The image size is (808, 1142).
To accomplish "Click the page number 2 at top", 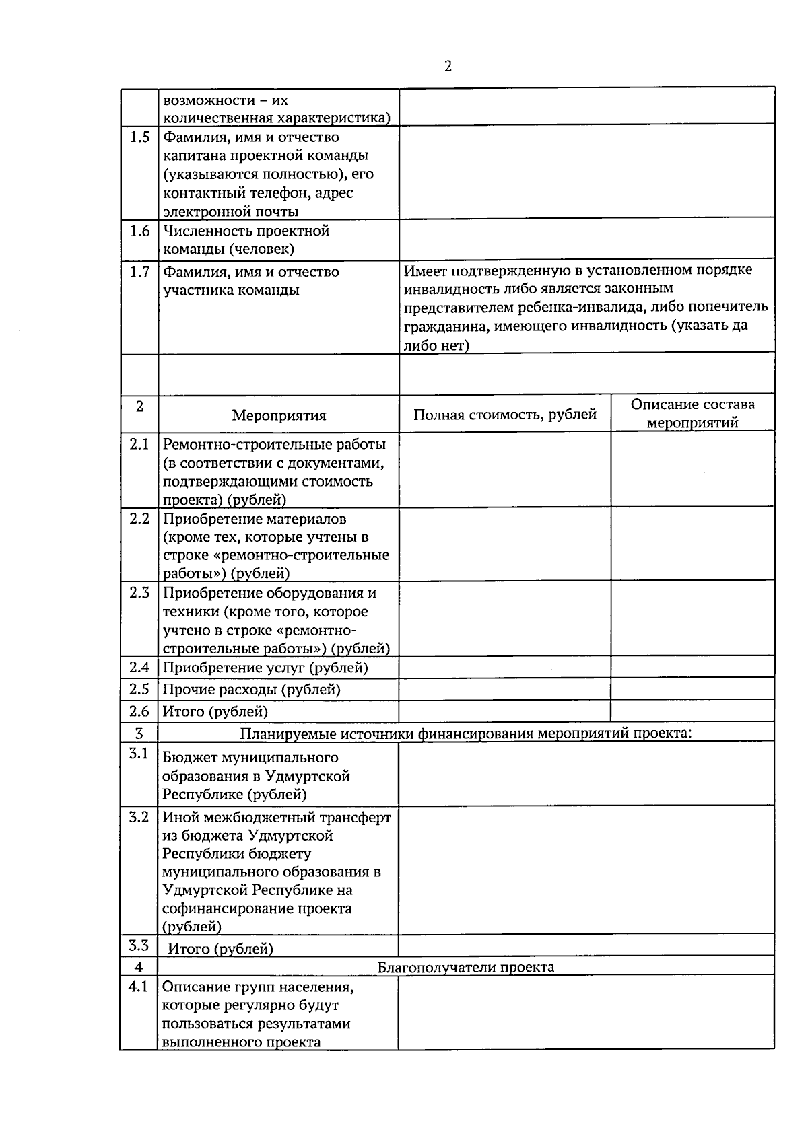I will [x=448, y=66].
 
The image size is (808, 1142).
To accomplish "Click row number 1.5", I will [x=139, y=137].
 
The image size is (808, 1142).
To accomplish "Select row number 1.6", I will [x=139, y=231].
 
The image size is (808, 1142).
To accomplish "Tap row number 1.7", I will [x=139, y=272].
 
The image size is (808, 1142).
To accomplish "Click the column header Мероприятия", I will [x=279, y=415].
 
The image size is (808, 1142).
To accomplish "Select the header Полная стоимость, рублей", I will [x=505, y=414].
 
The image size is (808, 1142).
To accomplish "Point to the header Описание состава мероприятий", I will [x=692, y=413].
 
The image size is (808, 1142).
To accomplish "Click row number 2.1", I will [x=139, y=444].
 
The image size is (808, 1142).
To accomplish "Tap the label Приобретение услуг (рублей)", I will [x=265, y=668].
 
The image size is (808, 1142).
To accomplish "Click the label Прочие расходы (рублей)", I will [x=251, y=689].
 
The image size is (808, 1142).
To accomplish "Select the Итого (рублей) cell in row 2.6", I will [x=215, y=711].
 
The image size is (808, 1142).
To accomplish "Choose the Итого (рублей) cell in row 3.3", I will [x=220, y=948].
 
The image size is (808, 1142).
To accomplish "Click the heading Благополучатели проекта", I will [x=465, y=967].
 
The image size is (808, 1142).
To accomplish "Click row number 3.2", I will [x=139, y=817].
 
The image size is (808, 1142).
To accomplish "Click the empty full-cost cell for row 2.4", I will [x=504, y=668].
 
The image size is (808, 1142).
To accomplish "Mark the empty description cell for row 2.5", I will [x=692, y=689].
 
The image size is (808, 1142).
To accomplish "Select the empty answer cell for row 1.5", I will [x=586, y=172].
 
